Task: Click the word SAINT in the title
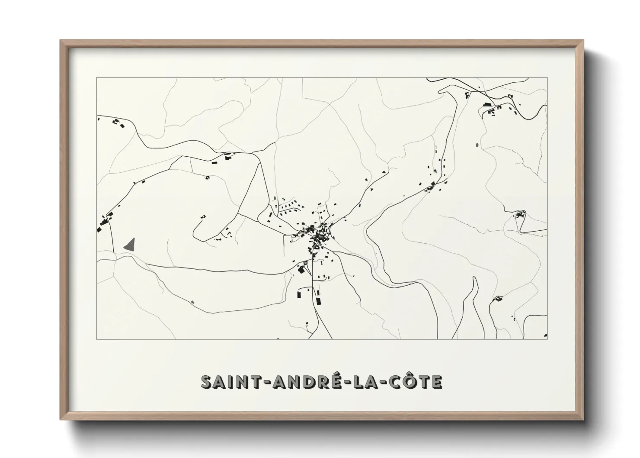coord(227,382)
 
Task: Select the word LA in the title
coord(365,382)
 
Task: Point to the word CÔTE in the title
coord(416,382)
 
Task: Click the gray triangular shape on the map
coord(130,245)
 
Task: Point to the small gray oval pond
coord(477,145)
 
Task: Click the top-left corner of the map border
coord(97,78)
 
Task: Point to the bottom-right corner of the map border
coord(547,339)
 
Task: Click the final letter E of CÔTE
coord(437,382)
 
